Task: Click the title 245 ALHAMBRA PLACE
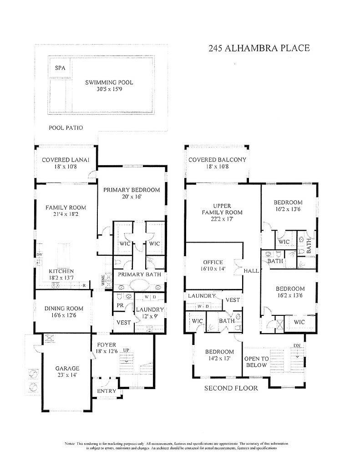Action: click(259, 48)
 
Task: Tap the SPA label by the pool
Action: click(60, 68)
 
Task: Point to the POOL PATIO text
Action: click(66, 128)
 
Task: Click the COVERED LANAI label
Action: click(65, 160)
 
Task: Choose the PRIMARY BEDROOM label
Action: click(131, 190)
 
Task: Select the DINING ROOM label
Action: click(64, 309)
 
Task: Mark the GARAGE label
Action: click(67, 368)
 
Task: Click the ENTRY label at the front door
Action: click(107, 391)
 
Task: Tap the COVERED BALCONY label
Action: click(217, 160)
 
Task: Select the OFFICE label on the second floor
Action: click(213, 262)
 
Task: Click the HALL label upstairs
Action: click(252, 271)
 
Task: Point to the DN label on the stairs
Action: click(297, 345)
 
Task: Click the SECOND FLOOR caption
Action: click(231, 388)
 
